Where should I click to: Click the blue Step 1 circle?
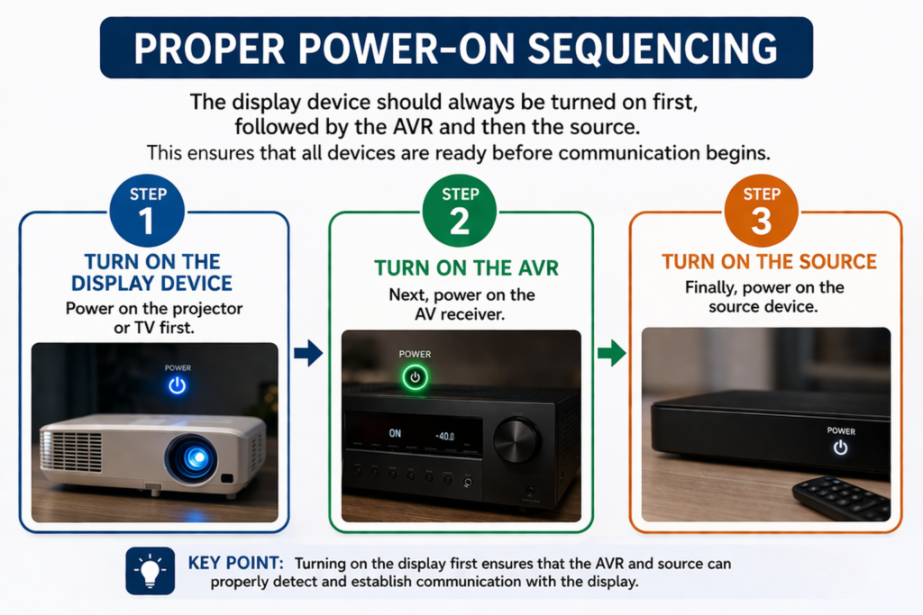click(147, 211)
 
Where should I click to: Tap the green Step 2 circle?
click(460, 211)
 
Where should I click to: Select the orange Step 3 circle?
click(761, 211)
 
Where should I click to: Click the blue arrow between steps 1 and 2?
click(308, 353)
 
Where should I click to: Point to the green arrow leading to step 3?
click(612, 353)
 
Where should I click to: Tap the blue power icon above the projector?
click(178, 385)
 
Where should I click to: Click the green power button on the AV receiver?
click(415, 377)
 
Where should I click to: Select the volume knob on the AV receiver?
click(516, 440)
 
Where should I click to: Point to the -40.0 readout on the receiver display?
click(445, 436)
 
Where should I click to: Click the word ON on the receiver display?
click(395, 433)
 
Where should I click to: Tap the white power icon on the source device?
click(841, 448)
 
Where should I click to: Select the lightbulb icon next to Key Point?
click(151, 571)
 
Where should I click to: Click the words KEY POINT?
click(235, 563)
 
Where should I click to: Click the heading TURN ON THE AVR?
click(466, 268)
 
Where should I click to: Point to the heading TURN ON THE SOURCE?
click(770, 262)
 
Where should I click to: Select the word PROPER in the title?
click(209, 49)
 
